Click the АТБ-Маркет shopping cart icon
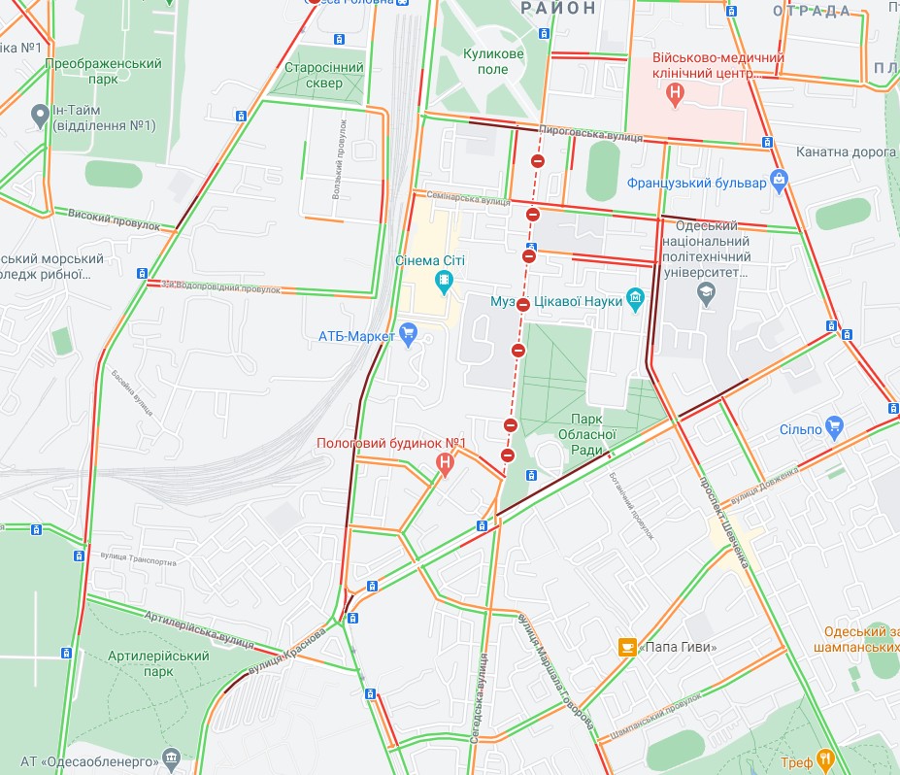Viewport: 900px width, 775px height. pyautogui.click(x=408, y=336)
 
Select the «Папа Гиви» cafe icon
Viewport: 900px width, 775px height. pyautogui.click(x=628, y=646)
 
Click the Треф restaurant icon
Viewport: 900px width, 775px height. pyautogui.click(x=825, y=758)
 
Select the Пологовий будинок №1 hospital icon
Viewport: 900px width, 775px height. pyautogui.click(x=445, y=463)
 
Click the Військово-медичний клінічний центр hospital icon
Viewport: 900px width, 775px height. pyautogui.click(x=676, y=94)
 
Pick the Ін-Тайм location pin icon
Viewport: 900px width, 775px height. pyautogui.click(x=40, y=115)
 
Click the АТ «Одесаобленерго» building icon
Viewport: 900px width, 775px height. pyautogui.click(x=172, y=758)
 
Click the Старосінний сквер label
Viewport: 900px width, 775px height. pyautogui.click(x=324, y=76)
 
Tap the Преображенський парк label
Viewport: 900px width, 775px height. pyautogui.click(x=103, y=70)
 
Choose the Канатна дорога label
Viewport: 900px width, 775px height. pyautogui.click(x=845, y=152)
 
